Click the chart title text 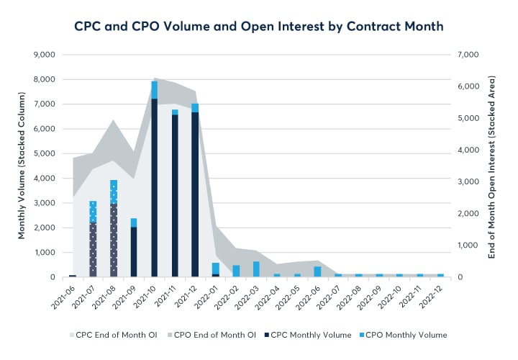click(259, 26)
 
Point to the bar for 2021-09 click(134, 248)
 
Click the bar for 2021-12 click(195, 191)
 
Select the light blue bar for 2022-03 click(256, 269)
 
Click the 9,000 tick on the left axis click(46, 55)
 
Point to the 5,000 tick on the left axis click(46, 153)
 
